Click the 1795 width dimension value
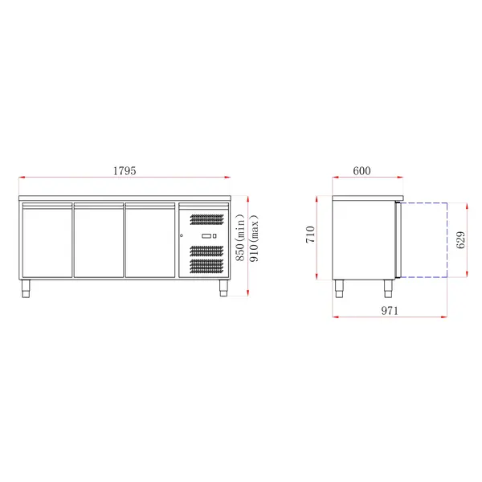(124, 171)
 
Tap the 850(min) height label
(239, 241)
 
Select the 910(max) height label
(254, 241)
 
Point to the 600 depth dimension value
(362, 171)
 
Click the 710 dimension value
(312, 236)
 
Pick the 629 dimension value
(460, 239)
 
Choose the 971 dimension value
(389, 311)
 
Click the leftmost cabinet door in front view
(46, 241)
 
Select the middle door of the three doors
(98, 241)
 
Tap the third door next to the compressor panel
(149, 241)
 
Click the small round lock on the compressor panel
(182, 235)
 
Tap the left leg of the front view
(25, 287)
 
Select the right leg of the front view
(223, 287)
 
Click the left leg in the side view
(339, 287)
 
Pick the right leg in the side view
(390, 287)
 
